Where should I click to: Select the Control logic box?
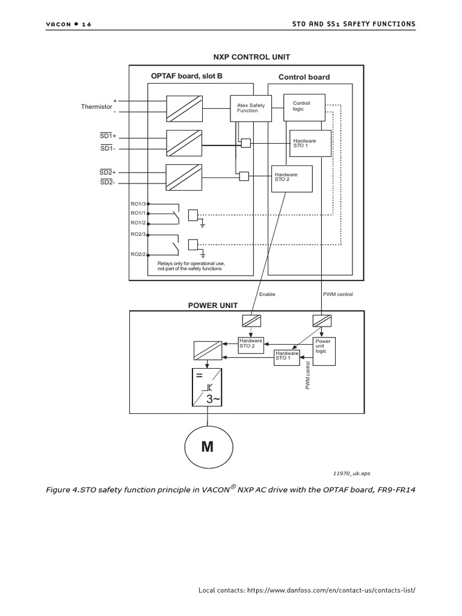click(308, 106)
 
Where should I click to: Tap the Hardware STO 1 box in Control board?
click(310, 143)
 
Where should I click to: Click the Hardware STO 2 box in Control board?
click(292, 178)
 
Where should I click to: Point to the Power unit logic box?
click(325, 351)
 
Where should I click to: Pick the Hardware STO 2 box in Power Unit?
click(251, 345)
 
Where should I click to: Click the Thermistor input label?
click(96, 106)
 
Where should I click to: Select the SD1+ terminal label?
click(108, 137)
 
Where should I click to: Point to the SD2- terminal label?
click(107, 182)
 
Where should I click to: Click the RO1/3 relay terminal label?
click(138, 204)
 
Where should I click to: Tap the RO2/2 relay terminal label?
click(138, 254)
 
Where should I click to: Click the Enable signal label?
click(267, 294)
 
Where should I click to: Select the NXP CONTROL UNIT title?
click(251, 57)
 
